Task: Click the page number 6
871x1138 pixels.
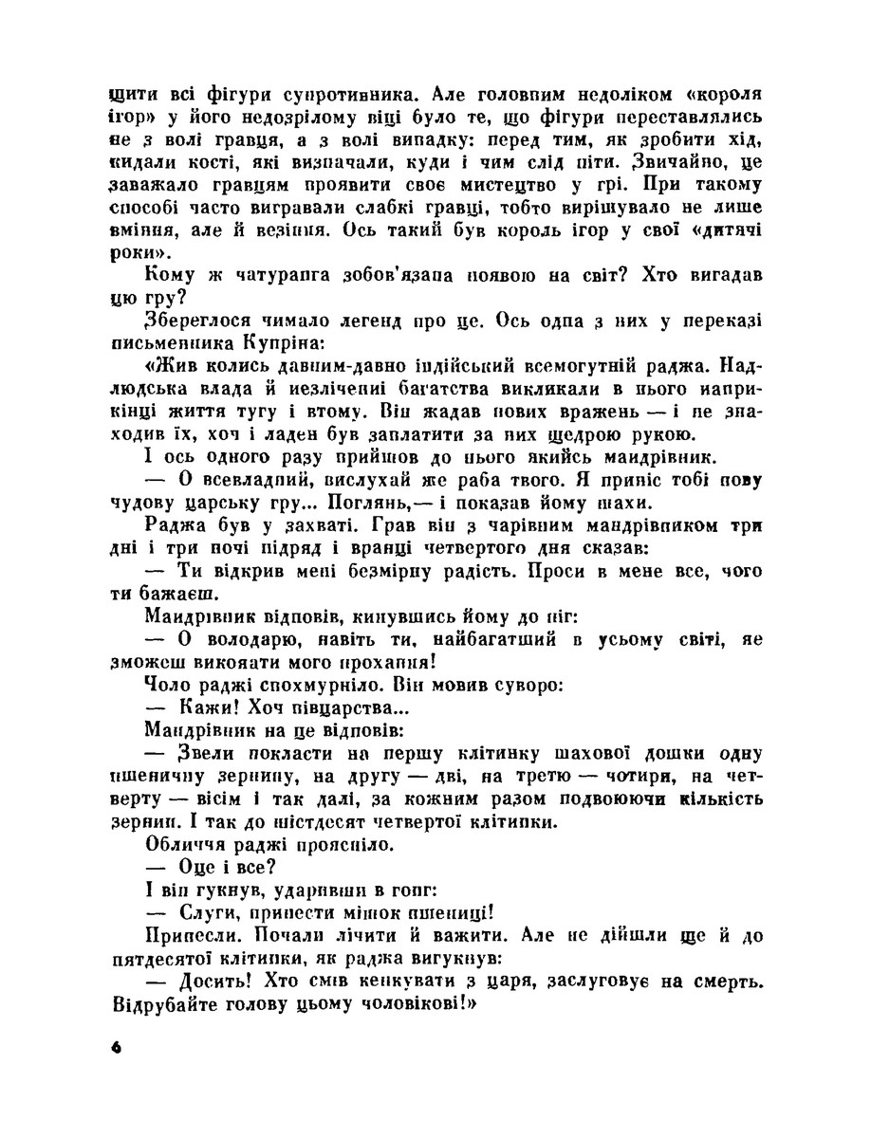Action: point(117,1047)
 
